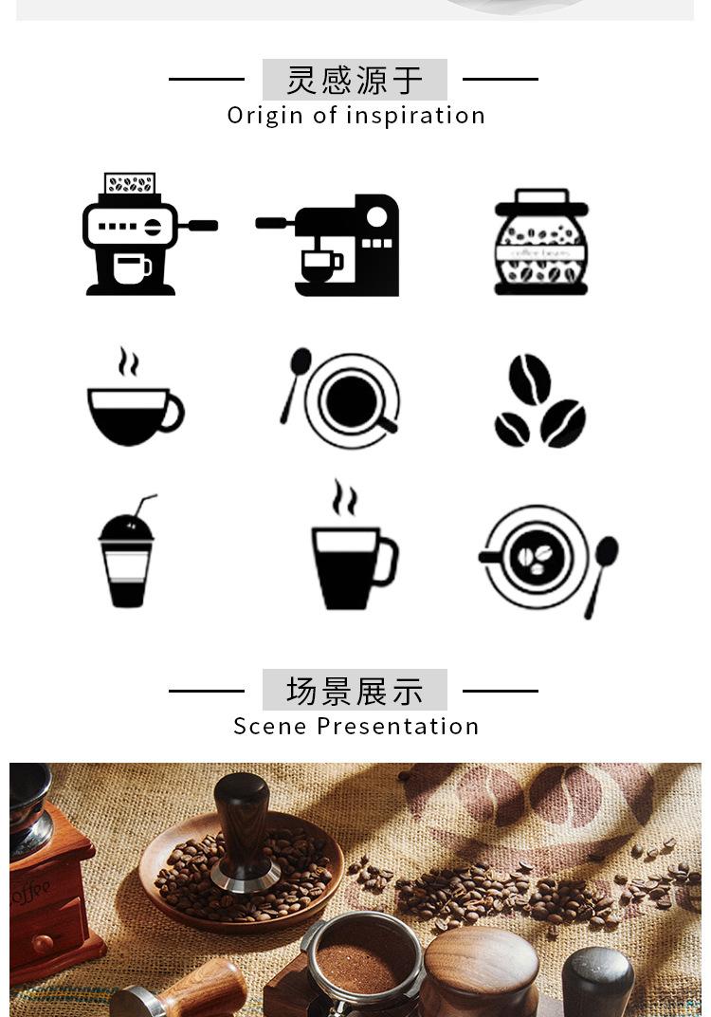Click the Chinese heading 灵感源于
(355, 81)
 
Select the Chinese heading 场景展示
(355, 691)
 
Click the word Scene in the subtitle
(271, 727)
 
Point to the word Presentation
(398, 727)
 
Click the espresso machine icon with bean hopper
(133, 235)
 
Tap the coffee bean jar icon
(541, 243)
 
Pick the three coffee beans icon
(538, 402)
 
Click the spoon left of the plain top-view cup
(295, 379)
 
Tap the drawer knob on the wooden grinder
(43, 943)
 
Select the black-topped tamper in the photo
(597, 982)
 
